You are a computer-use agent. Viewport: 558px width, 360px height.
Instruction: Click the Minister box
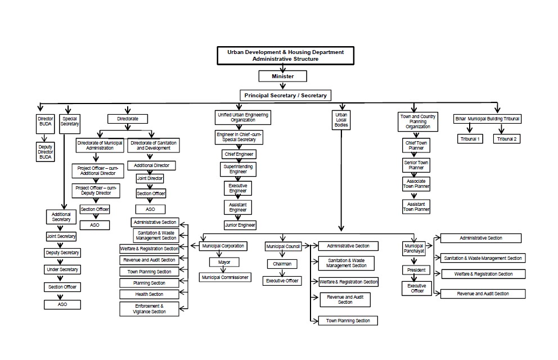point(283,76)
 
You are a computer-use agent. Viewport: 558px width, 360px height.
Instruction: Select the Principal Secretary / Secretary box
point(285,96)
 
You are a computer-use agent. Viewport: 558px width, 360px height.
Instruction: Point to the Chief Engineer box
point(238,154)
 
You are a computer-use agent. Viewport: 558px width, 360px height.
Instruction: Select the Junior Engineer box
point(240,225)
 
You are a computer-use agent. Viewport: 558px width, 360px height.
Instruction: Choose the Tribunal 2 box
point(507,139)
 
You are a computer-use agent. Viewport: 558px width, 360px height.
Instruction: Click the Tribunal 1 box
point(471,139)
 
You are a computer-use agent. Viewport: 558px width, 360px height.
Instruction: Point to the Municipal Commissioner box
point(225,277)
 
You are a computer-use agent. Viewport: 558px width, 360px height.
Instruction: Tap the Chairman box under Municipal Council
point(282,264)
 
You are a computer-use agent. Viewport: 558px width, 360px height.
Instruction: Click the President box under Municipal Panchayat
point(417,270)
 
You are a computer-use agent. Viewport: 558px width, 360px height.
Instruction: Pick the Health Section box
point(149,294)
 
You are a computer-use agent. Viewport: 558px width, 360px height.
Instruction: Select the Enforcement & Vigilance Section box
point(149,309)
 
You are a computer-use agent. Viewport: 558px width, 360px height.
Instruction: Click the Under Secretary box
point(62,270)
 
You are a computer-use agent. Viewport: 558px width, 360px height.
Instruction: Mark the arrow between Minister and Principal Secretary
point(283,85)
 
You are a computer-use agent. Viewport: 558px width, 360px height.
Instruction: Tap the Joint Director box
point(150,178)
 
